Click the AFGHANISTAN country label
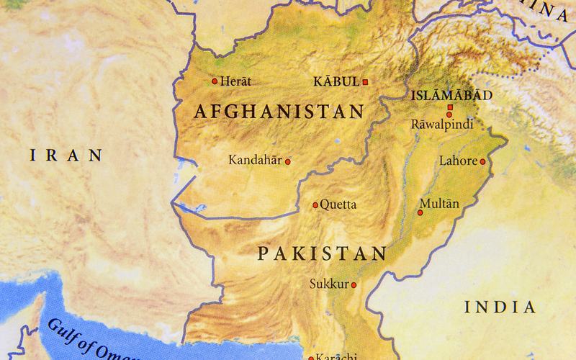[279, 112]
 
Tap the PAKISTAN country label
[322, 253]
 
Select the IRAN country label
[64, 154]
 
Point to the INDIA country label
[500, 307]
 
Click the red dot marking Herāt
[214, 81]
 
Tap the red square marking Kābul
[365, 82]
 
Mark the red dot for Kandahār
[288, 161]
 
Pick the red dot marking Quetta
[315, 205]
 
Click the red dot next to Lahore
[483, 161]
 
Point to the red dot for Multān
[421, 212]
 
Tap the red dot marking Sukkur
[354, 284]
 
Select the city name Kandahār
[255, 160]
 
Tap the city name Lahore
[458, 161]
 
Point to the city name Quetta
[338, 204]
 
